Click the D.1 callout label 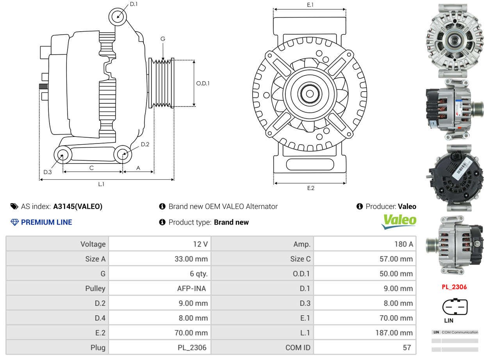click(x=134, y=4)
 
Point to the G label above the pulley click(x=163, y=39)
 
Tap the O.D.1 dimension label click(x=203, y=83)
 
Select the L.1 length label click(x=101, y=184)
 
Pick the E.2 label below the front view click(x=310, y=188)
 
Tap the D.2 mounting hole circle click(x=123, y=154)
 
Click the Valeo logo click(x=399, y=221)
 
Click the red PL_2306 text click(x=454, y=287)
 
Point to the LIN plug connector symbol click(x=454, y=307)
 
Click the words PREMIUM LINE click(x=46, y=222)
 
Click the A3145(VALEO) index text click(x=78, y=207)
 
